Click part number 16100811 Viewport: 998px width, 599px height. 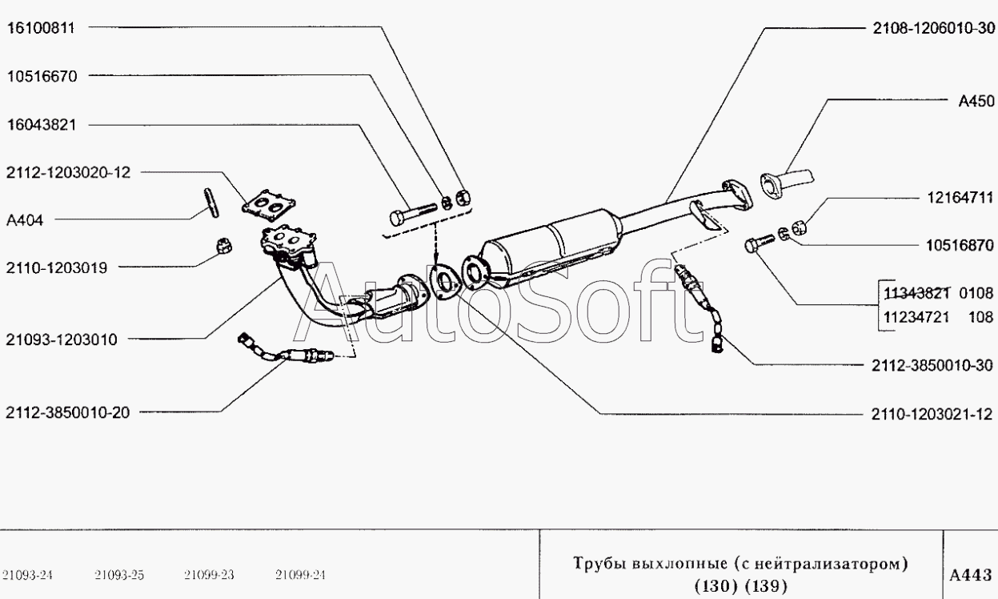[41, 28]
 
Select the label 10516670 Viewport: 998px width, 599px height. [42, 76]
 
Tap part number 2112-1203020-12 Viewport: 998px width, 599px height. [68, 172]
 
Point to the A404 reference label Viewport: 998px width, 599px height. [25, 220]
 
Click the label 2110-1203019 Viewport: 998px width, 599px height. [57, 267]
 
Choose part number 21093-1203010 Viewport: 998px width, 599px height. [62, 340]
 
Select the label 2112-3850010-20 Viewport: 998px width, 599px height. [68, 412]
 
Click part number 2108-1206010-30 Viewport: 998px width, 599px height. [933, 29]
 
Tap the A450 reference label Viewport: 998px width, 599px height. [976, 101]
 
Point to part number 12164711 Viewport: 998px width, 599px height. [960, 198]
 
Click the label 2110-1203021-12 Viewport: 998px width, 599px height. [932, 415]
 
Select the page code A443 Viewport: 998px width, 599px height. [971, 575]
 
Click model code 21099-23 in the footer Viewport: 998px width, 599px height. [209, 575]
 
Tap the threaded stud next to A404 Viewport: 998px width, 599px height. [211, 203]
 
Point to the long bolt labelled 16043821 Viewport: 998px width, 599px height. [413, 214]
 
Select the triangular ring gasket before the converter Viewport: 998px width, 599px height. [445, 283]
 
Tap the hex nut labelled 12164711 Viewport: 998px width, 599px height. [800, 227]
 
